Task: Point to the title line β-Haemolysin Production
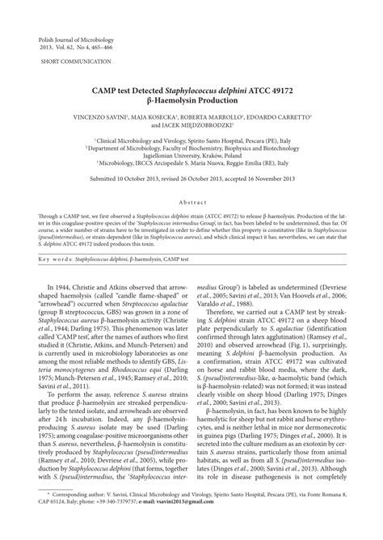click(191, 108)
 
